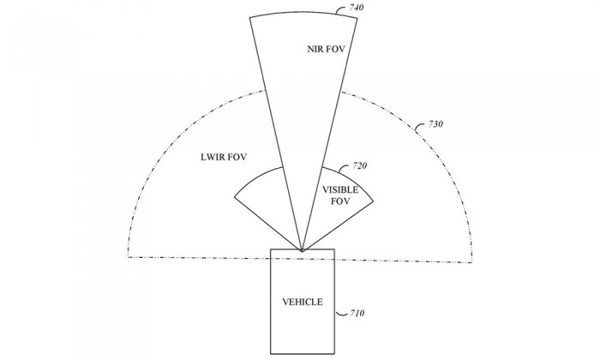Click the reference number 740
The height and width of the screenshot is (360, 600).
click(x=357, y=7)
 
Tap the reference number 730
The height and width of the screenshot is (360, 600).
click(x=435, y=124)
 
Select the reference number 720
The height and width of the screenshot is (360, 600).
click(x=359, y=165)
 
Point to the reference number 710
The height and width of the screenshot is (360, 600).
click(x=357, y=313)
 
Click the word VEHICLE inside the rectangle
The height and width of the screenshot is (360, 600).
click(x=303, y=302)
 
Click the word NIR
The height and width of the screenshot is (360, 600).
click(x=315, y=49)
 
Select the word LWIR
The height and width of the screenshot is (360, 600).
click(x=213, y=157)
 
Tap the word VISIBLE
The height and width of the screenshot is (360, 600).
click(x=340, y=189)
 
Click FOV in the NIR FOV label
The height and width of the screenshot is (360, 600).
click(x=336, y=49)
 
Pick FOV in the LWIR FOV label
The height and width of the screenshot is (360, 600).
click(x=237, y=157)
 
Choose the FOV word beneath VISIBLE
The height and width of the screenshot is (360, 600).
click(x=340, y=201)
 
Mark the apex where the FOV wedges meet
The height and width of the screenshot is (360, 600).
click(x=303, y=251)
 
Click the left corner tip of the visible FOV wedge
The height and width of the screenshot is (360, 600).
click(x=234, y=197)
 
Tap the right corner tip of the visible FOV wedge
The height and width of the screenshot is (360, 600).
click(x=373, y=201)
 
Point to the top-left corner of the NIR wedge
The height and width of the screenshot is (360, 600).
click(x=249, y=17)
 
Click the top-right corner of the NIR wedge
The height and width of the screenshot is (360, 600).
click(x=357, y=18)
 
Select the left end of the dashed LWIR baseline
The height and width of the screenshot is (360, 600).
click(x=129, y=256)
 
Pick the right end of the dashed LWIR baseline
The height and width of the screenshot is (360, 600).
click(x=471, y=262)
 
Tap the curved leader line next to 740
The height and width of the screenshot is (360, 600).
click(x=342, y=9)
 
